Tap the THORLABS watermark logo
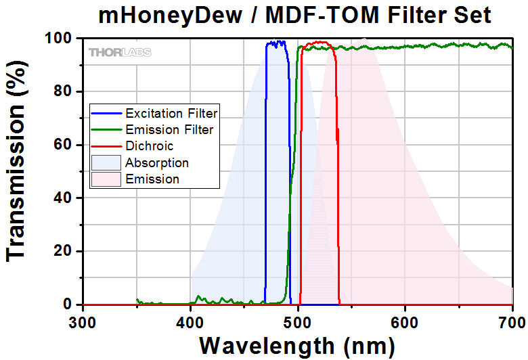[x=120, y=52]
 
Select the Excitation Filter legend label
[x=171, y=114]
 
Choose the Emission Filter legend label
[x=169, y=130]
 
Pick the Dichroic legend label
[x=149, y=146]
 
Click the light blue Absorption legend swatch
[x=107, y=163]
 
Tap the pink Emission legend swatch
[x=107, y=179]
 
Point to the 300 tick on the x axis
[x=83, y=319]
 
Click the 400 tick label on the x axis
[x=190, y=319]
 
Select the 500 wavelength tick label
[x=298, y=319]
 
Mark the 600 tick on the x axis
[x=405, y=319]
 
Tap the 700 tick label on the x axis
[x=512, y=319]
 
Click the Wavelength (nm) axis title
[x=296, y=345]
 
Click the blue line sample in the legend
[x=107, y=114]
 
